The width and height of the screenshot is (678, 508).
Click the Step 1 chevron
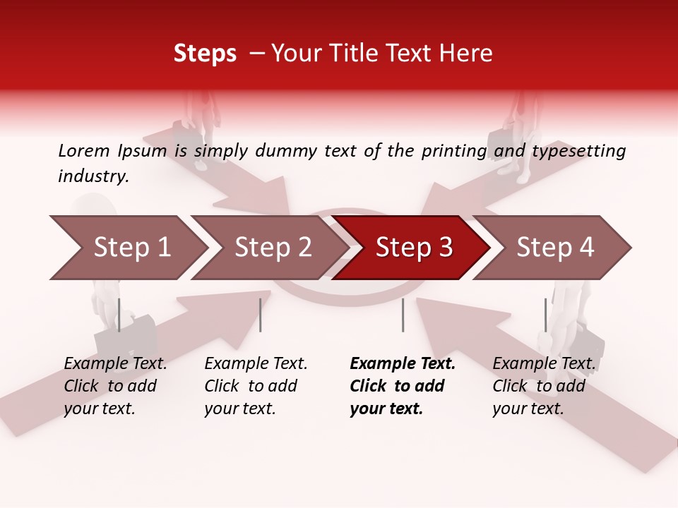click(x=131, y=248)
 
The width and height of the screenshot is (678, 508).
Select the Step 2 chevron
click(x=273, y=248)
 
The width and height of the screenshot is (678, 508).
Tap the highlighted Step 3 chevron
click(x=414, y=248)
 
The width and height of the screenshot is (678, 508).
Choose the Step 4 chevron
click(x=555, y=248)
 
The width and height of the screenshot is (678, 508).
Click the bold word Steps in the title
click(x=205, y=54)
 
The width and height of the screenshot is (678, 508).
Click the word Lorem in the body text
click(x=83, y=151)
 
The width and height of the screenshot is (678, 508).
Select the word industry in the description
click(x=93, y=176)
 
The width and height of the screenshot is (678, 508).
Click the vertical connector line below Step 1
click(x=119, y=315)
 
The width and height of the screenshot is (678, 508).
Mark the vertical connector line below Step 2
click(x=261, y=315)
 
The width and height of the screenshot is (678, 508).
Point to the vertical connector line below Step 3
click(x=403, y=315)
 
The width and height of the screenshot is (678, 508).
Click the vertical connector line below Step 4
click(x=545, y=315)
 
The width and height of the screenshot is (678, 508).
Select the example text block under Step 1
click(x=115, y=386)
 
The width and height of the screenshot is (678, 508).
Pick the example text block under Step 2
click(x=256, y=386)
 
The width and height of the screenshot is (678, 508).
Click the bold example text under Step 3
click(x=403, y=386)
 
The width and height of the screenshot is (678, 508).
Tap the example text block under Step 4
click(x=544, y=386)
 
